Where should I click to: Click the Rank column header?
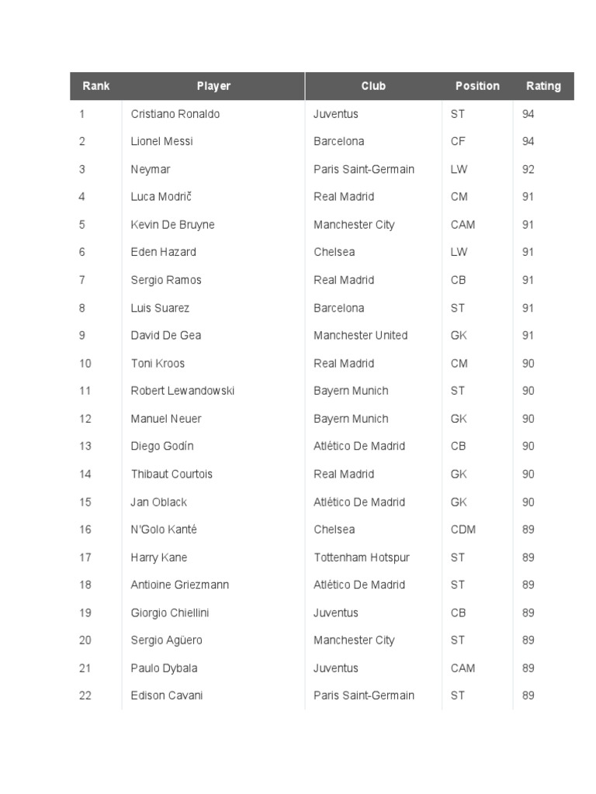coord(96,86)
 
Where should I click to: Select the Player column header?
coord(213,86)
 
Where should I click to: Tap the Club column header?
coord(373,86)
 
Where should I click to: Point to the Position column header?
coord(477,86)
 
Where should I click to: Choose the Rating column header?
coord(543,86)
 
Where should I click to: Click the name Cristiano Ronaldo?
coord(175,114)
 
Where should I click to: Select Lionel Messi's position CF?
coord(458,141)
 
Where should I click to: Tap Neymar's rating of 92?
coord(528,169)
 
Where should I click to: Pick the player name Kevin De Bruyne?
coord(172,225)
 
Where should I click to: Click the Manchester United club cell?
coord(360,335)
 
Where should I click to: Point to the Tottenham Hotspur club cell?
coord(362,558)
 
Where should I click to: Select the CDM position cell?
coord(463,530)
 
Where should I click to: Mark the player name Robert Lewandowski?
coord(182,391)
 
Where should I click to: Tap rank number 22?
coord(85,696)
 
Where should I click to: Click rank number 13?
coord(85,446)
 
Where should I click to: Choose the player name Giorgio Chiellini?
coord(170,613)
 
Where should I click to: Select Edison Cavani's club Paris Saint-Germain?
coord(364,696)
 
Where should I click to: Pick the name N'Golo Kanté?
coord(164,530)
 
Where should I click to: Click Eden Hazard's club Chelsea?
coord(334,252)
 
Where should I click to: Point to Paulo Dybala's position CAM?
coord(463,668)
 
